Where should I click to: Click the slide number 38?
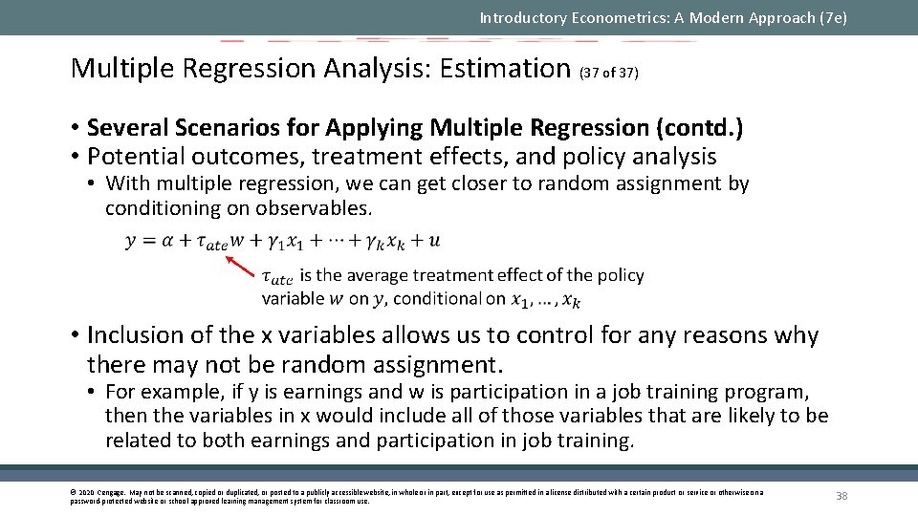tap(841, 495)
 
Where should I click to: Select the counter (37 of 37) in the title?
tap(609, 72)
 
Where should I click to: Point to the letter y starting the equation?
tap(131, 242)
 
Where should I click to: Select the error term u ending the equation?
tap(435, 241)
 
